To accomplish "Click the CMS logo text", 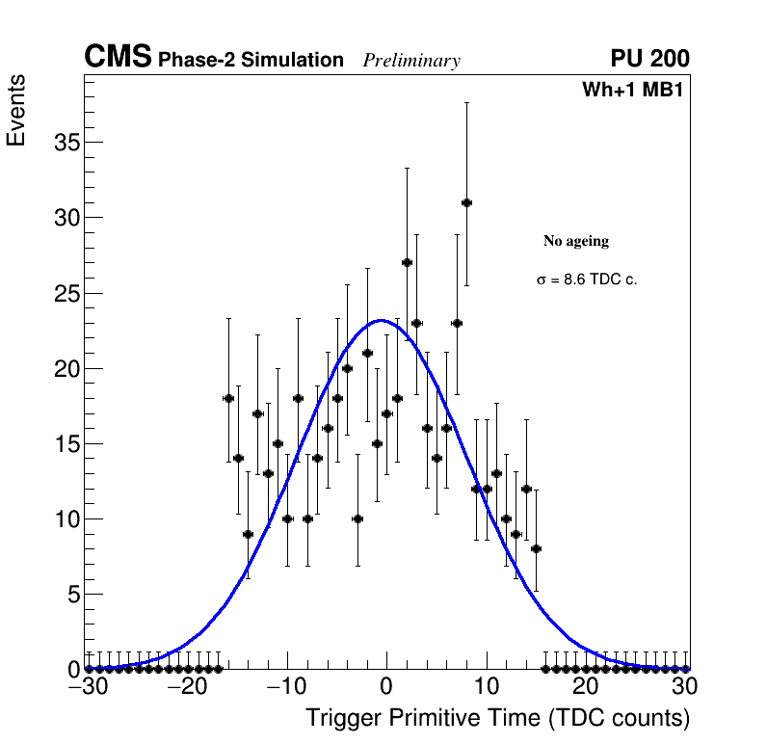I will [118, 58].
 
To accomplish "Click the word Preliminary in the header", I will [411, 61].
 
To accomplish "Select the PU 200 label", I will [649, 59].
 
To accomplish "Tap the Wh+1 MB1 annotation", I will [632, 91].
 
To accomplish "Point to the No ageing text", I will [576, 241].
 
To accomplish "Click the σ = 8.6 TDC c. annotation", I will [587, 279].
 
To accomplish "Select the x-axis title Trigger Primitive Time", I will [497, 718].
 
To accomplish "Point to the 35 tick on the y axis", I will [62, 143].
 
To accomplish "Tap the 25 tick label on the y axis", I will [62, 293].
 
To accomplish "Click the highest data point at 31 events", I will [466, 202].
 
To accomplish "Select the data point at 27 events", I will [407, 262].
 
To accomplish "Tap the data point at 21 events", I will [367, 353].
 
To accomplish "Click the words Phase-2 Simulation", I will [251, 61].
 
